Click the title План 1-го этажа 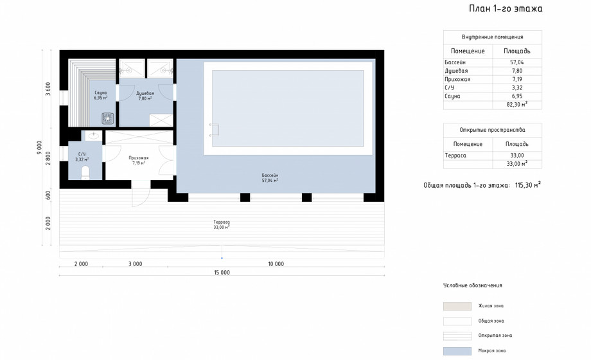click(x=506, y=8)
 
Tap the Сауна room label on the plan click(x=101, y=95)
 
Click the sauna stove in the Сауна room click(x=108, y=118)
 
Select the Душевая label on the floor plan click(x=145, y=96)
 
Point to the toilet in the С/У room click(x=85, y=172)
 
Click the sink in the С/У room click(x=93, y=135)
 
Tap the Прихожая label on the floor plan click(x=139, y=160)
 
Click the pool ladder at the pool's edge click(x=214, y=130)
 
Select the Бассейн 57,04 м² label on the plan click(x=270, y=177)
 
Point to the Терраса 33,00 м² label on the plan click(x=222, y=225)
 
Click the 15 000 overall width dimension click(x=222, y=273)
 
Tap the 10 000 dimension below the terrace click(x=276, y=264)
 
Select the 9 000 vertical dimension click(x=39, y=148)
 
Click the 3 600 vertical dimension click(x=48, y=89)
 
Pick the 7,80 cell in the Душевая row click(x=517, y=71)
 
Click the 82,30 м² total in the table click(x=517, y=105)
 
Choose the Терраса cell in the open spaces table click(x=455, y=156)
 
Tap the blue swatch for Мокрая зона click(x=457, y=351)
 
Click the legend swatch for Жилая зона click(x=457, y=306)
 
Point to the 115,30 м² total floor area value click(x=528, y=185)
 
